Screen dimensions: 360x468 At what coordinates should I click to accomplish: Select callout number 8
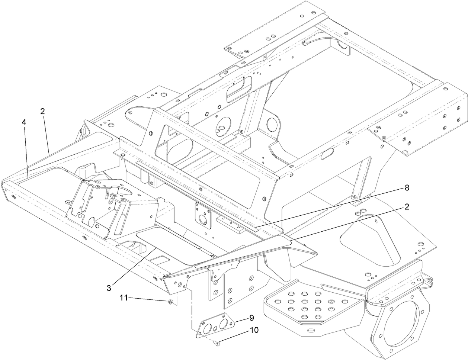click(407, 188)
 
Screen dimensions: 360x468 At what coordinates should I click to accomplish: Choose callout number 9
click(251, 318)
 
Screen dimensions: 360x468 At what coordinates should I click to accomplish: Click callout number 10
click(254, 330)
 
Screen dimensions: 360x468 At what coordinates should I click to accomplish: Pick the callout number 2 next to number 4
click(42, 111)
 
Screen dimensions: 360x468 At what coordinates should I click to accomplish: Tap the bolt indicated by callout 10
click(217, 344)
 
